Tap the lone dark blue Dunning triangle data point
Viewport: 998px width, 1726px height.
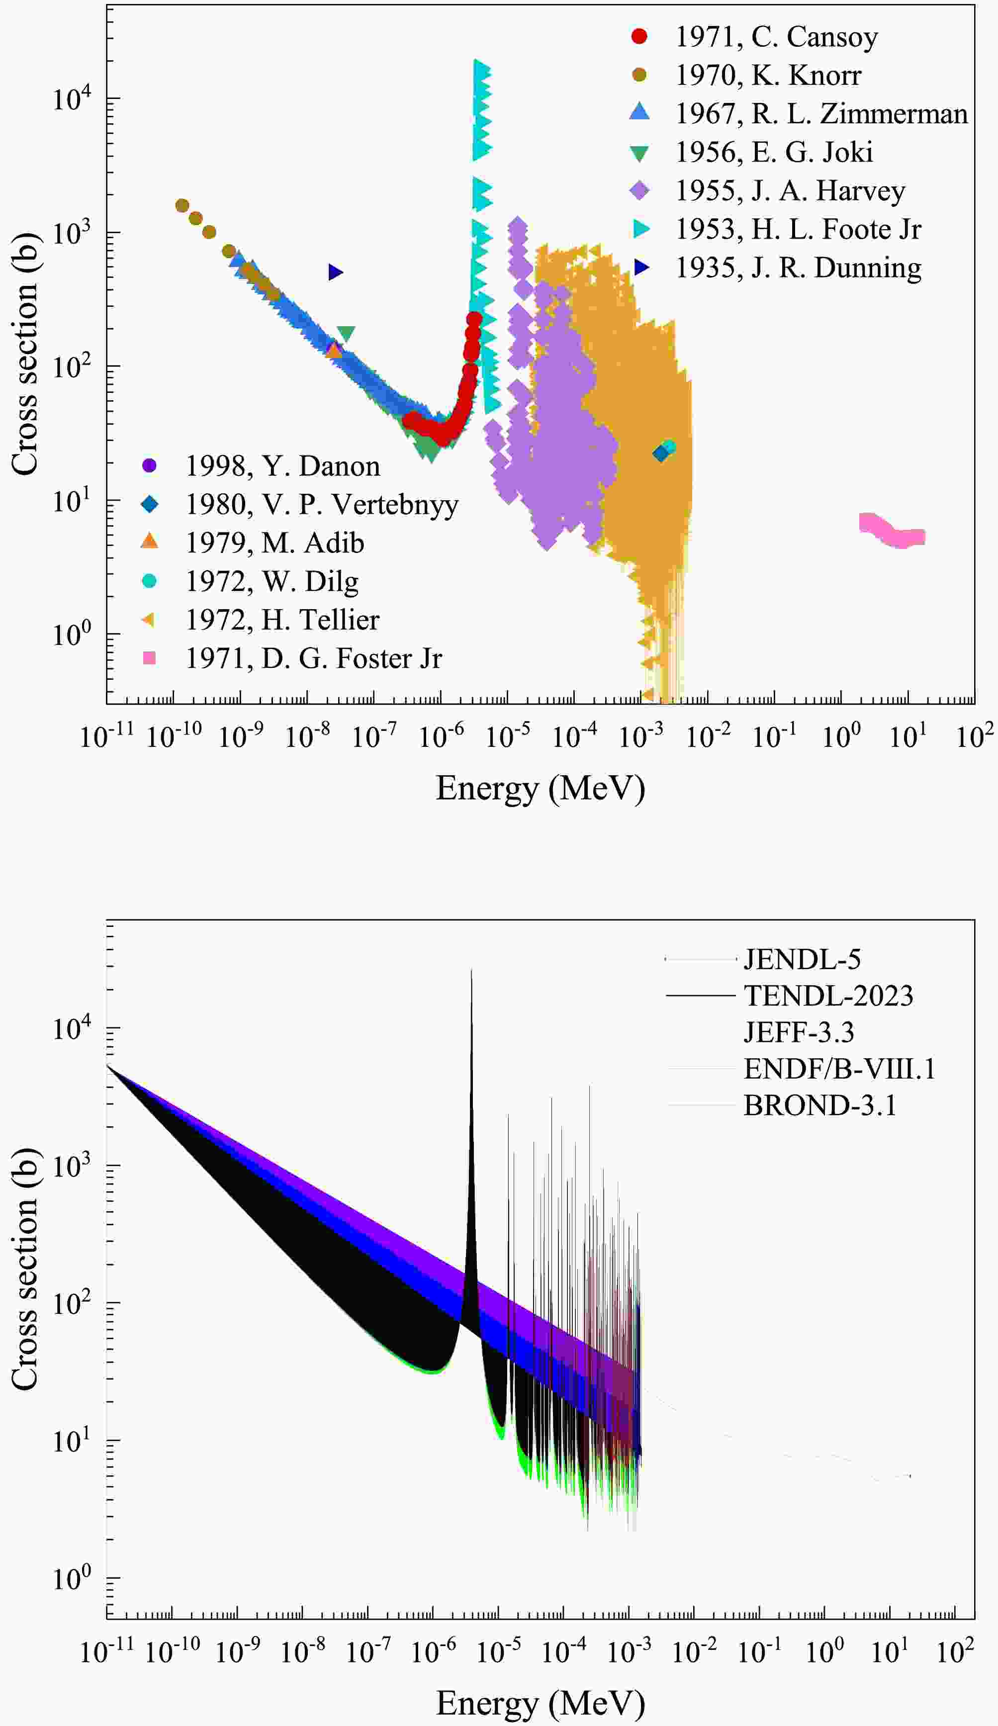[335, 273]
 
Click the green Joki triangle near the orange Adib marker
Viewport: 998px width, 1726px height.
[347, 334]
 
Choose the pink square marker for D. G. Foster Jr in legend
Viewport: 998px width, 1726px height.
[149, 658]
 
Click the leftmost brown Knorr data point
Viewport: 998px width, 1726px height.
[182, 205]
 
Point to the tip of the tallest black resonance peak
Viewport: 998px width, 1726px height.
[471, 971]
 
